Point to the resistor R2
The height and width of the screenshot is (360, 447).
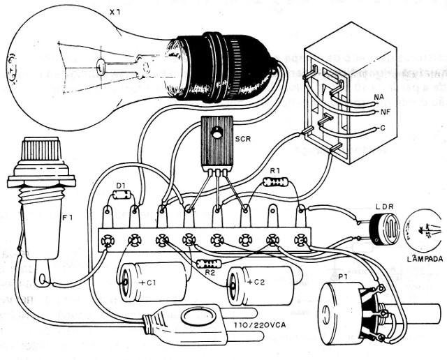pyautogui.click(x=207, y=264)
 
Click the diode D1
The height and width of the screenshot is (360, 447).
pyautogui.click(x=123, y=195)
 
